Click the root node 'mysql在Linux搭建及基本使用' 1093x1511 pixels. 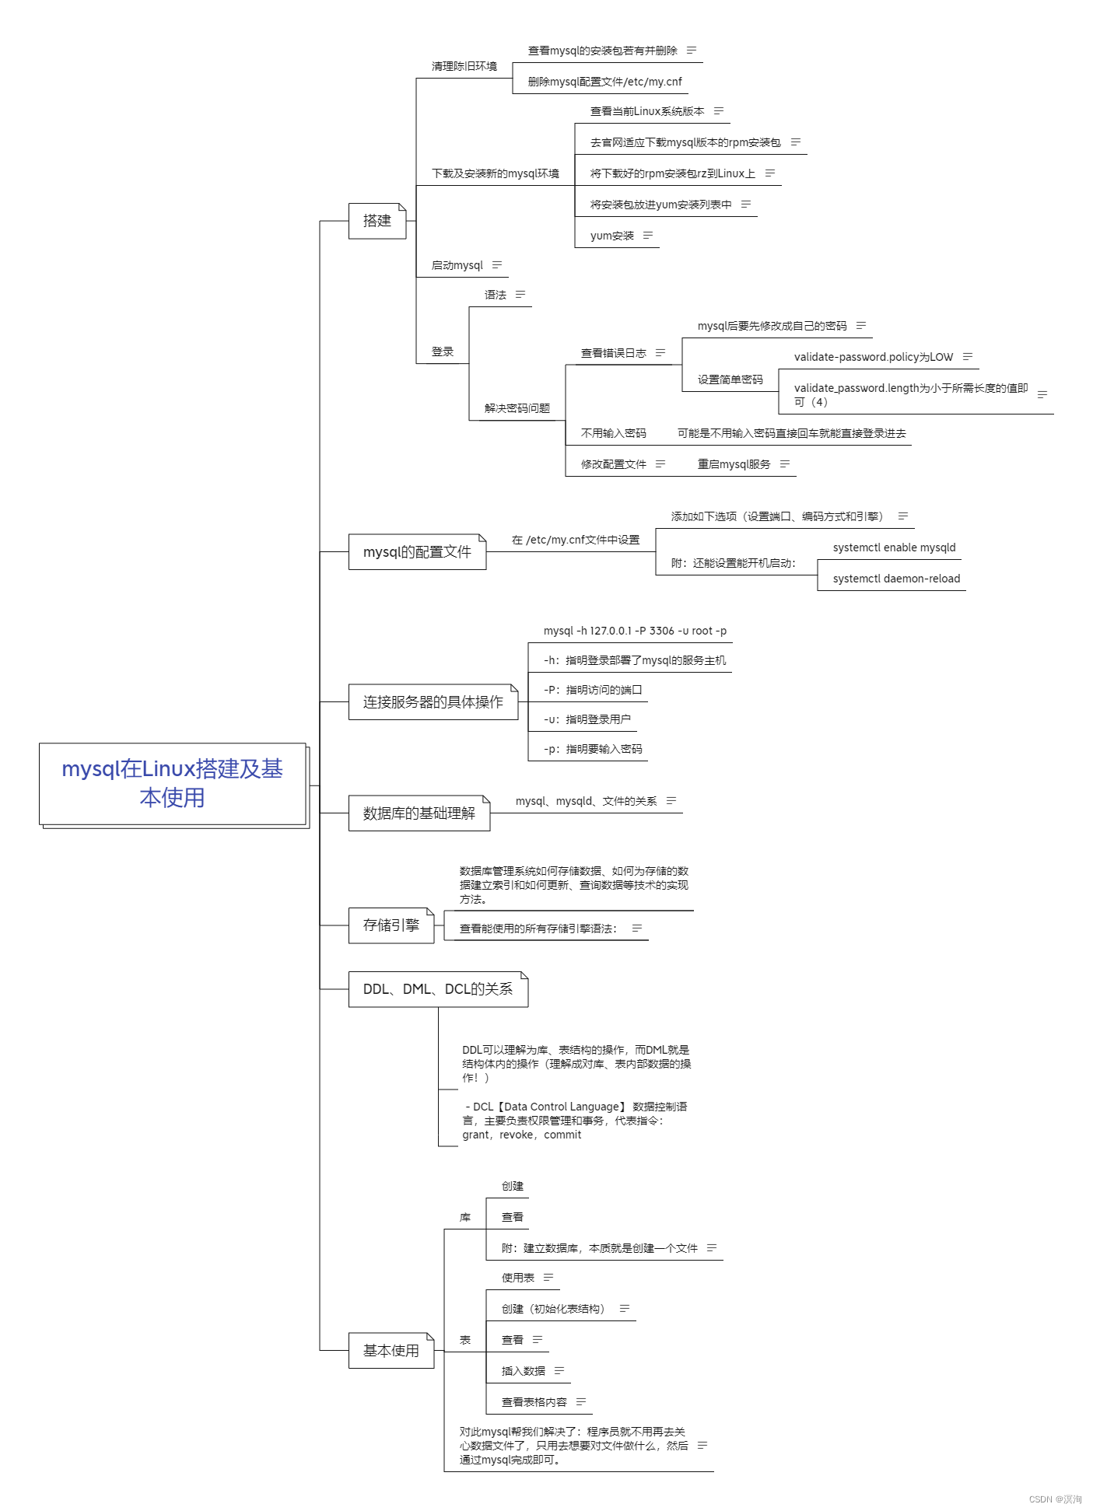point(172,783)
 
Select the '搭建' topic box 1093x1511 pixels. point(377,221)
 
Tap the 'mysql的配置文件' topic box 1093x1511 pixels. point(417,552)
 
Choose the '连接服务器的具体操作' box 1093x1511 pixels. point(433,702)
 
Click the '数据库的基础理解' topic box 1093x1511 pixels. point(419,813)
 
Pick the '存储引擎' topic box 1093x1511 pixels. point(391,925)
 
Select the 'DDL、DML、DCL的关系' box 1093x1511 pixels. point(437,989)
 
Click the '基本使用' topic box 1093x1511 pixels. point(391,1351)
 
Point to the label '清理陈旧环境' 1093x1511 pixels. point(464,67)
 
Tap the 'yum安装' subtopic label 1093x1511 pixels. point(612,236)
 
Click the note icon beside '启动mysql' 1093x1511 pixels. point(497,265)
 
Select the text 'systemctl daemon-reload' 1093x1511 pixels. point(896,579)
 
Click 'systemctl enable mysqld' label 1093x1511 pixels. point(894,548)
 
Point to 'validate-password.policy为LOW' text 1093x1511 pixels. point(873,358)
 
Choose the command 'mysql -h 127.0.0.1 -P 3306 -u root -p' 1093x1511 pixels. point(635,631)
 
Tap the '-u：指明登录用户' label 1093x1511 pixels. point(587,720)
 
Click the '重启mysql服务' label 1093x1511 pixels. point(734,465)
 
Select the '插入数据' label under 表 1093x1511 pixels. point(524,1372)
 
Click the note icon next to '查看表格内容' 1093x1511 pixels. point(581,1402)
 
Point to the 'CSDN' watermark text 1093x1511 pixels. point(1040,1499)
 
